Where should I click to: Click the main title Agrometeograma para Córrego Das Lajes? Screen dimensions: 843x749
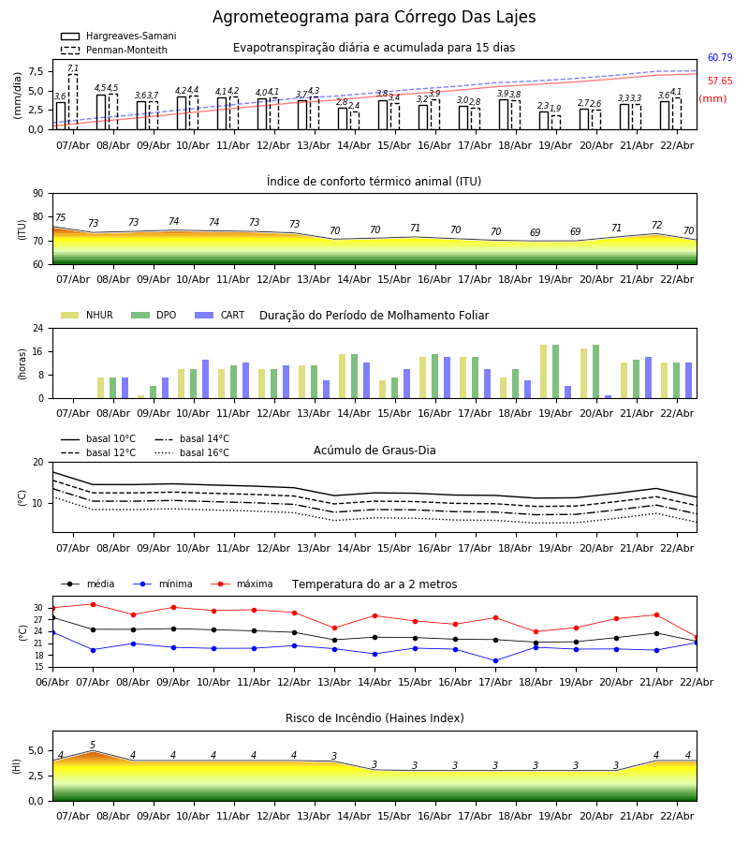click(374, 18)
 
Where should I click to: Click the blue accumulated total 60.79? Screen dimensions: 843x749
click(719, 58)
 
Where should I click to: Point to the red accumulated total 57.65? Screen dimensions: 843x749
click(719, 81)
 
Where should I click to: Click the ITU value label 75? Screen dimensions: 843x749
click(61, 218)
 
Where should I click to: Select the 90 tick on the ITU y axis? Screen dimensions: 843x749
click(37, 194)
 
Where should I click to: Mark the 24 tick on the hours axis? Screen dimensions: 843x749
click(37, 329)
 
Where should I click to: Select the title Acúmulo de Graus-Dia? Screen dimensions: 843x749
click(374, 451)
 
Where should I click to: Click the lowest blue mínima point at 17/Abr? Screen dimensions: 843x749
click(495, 660)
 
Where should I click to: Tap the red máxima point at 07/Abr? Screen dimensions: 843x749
click(93, 604)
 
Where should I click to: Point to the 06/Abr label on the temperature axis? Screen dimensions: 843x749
click(52, 682)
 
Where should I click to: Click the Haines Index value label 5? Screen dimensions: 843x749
click(93, 746)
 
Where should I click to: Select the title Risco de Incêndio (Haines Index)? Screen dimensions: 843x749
click(374, 718)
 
